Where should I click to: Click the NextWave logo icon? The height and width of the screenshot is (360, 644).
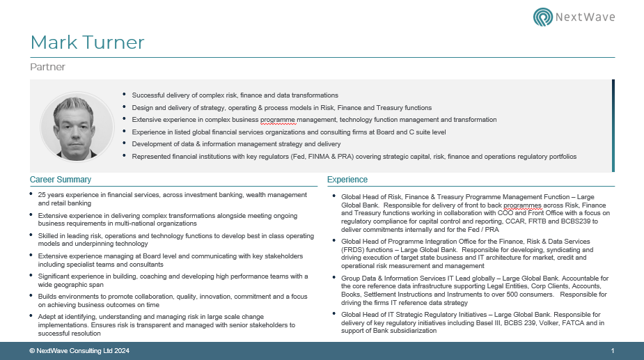543,17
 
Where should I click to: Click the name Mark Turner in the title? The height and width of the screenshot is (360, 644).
88,42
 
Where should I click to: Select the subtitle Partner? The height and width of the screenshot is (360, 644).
47,68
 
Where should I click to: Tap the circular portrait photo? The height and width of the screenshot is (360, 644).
77,126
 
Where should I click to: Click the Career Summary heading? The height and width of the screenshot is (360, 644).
61,180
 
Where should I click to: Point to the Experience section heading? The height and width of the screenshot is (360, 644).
347,180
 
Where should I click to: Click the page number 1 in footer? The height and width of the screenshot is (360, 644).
612,351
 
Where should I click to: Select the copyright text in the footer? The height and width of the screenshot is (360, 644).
79,351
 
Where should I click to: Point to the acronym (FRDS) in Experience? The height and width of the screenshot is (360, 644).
353,249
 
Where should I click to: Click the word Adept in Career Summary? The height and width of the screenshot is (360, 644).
47,317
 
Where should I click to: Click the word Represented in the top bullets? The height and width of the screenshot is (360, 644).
152,157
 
